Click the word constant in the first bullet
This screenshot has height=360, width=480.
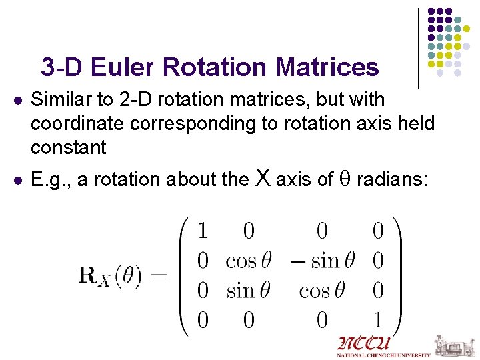pos(69,147)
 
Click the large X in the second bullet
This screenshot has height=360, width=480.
pos(263,178)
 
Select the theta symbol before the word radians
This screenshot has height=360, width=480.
pos(346,180)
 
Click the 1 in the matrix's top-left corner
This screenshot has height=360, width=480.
pos(203,231)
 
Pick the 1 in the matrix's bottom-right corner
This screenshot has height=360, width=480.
pos(377,320)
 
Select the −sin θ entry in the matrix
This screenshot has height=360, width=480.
pos(322,261)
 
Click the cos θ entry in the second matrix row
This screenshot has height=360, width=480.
pos(249,261)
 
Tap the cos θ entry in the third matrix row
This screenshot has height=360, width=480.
pos(322,291)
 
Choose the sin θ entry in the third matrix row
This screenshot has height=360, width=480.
pos(249,291)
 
